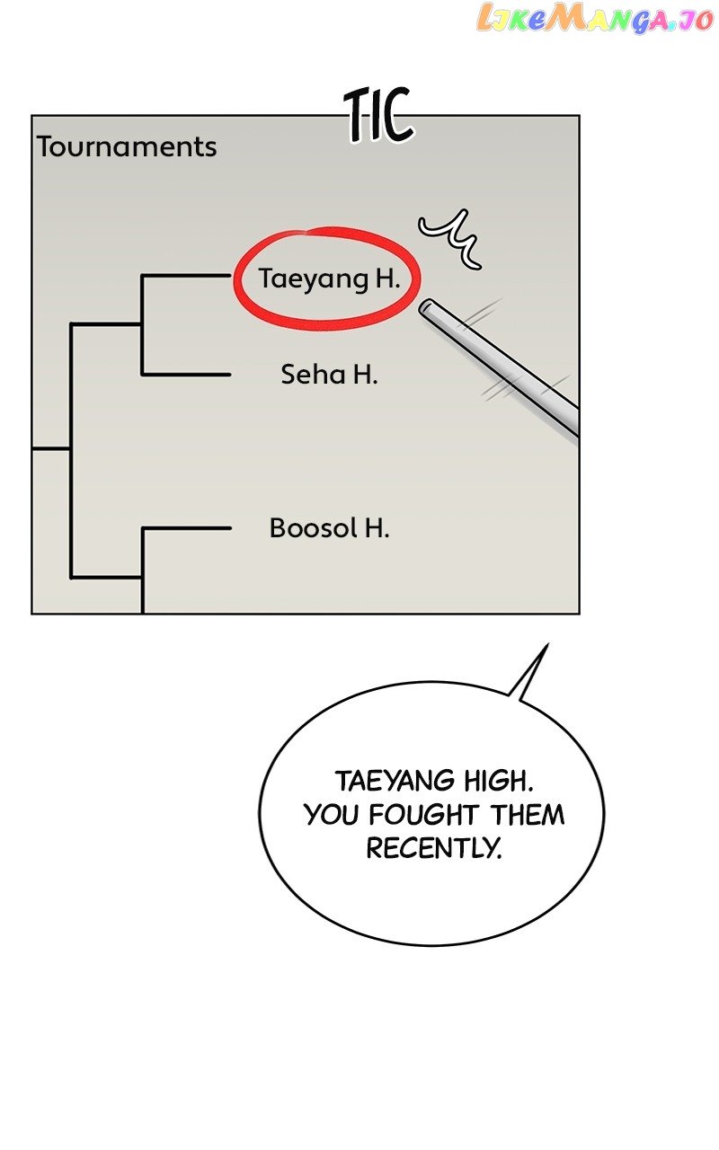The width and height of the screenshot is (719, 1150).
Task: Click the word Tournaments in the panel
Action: pyautogui.click(x=127, y=146)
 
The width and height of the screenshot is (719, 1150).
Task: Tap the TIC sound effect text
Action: pyautogui.click(x=379, y=116)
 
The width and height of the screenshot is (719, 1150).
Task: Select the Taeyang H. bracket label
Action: pyautogui.click(x=329, y=279)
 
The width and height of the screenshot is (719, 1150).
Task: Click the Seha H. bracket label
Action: pyautogui.click(x=329, y=374)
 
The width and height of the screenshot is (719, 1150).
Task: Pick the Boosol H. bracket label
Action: pyautogui.click(x=329, y=527)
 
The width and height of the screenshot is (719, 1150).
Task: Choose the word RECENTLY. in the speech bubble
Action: pyautogui.click(x=433, y=847)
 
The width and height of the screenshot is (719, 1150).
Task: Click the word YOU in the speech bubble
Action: pyautogui.click(x=333, y=815)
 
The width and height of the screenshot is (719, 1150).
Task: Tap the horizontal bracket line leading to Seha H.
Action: pyautogui.click(x=186, y=374)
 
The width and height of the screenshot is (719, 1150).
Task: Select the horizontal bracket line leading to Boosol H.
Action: pyautogui.click(x=186, y=528)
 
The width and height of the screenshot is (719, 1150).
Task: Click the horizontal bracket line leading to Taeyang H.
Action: pyautogui.click(x=186, y=276)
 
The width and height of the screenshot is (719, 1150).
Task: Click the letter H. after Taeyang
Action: pyautogui.click(x=387, y=279)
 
